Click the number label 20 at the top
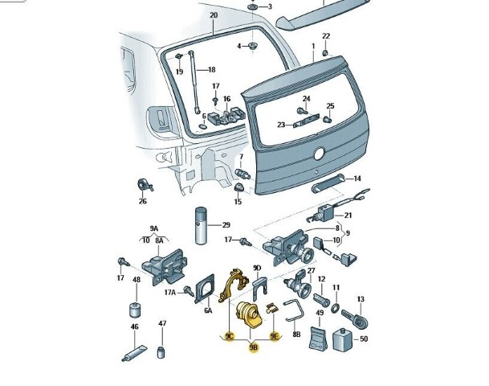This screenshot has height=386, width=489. (213, 16)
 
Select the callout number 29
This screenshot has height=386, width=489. (226, 224)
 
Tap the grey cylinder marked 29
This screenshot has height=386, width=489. (200, 228)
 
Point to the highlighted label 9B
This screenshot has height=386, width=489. (254, 347)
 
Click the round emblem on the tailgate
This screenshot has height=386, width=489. (319, 153)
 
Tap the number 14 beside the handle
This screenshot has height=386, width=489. (357, 179)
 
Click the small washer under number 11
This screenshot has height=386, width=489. (336, 308)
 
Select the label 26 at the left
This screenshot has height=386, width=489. (143, 201)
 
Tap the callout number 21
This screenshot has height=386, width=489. (348, 215)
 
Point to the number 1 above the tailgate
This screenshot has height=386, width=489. (312, 47)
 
